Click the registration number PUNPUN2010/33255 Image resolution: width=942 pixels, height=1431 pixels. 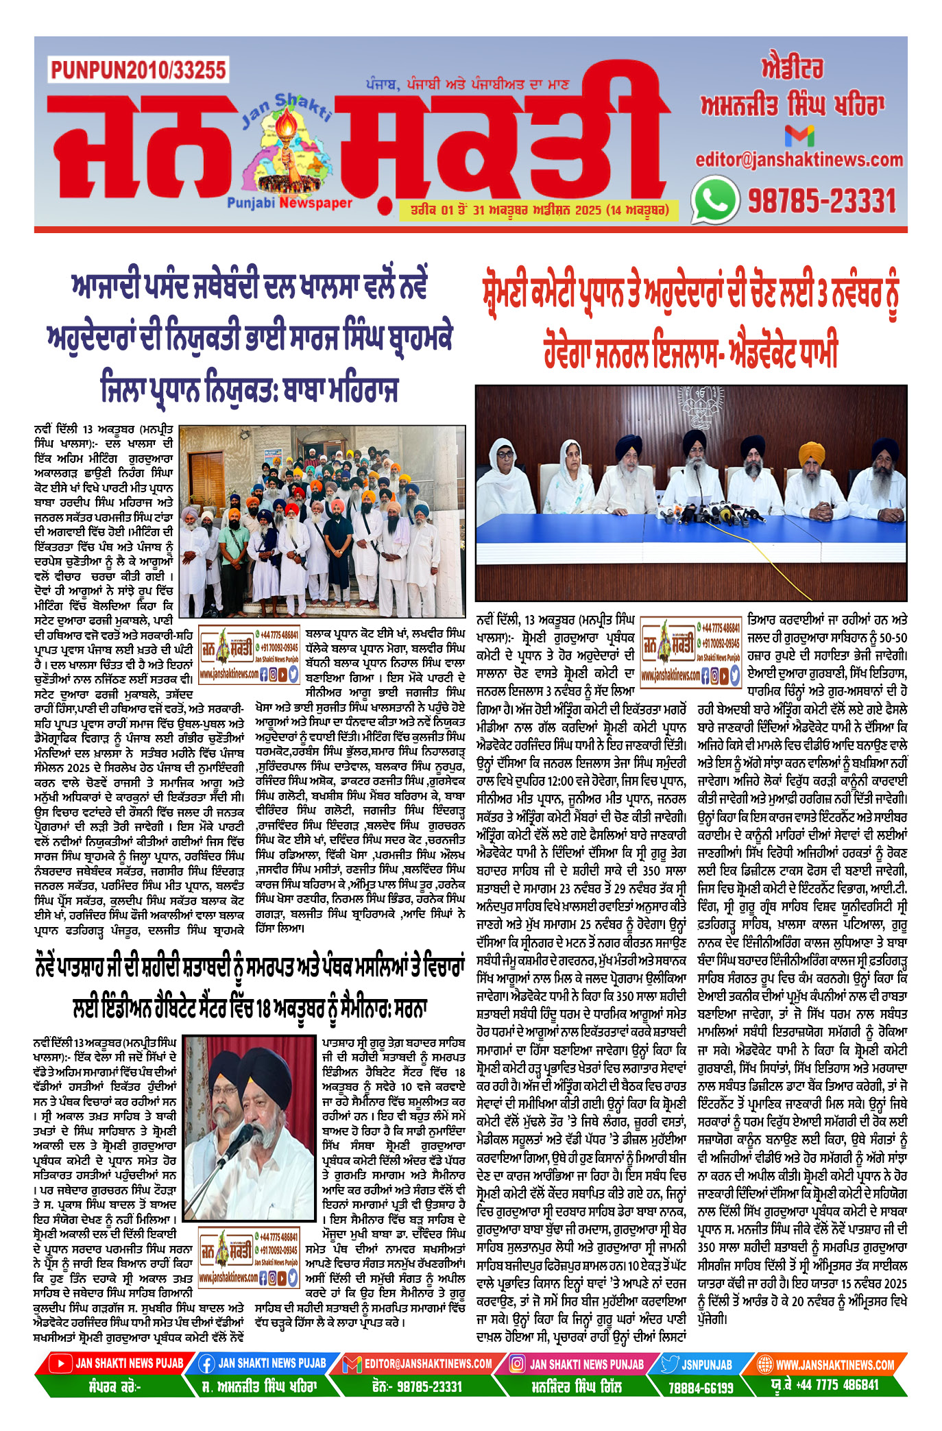[x=138, y=70]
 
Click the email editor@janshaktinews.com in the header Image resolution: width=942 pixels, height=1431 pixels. [x=799, y=160]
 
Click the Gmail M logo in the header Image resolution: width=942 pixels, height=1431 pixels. [x=799, y=135]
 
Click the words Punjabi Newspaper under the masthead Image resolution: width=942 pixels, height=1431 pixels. [x=289, y=203]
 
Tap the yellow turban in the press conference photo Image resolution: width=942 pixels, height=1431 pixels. [x=812, y=452]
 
